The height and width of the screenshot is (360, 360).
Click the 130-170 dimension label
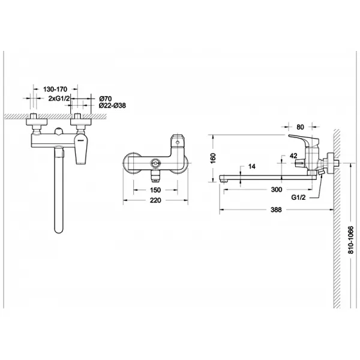pyautogui.click(x=55, y=89)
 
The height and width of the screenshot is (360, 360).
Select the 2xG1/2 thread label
pyautogui.click(x=59, y=98)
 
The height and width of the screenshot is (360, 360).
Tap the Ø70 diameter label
pyautogui.click(x=106, y=99)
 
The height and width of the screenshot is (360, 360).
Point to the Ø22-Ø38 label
pyautogui.click(x=112, y=106)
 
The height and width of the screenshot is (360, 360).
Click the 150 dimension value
pyautogui.click(x=155, y=190)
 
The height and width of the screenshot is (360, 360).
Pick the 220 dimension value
pyautogui.click(x=155, y=200)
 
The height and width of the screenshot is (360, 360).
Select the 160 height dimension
pyautogui.click(x=213, y=158)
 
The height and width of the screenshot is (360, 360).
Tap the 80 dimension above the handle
pyautogui.click(x=300, y=127)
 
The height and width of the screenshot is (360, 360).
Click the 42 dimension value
pyautogui.click(x=293, y=156)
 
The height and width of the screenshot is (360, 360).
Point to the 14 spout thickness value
pyautogui.click(x=252, y=166)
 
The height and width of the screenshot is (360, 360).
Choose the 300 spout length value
pyautogui.click(x=277, y=190)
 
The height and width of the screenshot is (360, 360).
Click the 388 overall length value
pyautogui.click(x=276, y=209)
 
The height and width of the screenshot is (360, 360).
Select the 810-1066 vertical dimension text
pyautogui.click(x=351, y=240)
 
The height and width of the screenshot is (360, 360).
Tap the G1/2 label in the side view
pyautogui.click(x=298, y=197)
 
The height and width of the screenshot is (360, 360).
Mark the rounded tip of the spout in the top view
pyautogui.click(x=59, y=230)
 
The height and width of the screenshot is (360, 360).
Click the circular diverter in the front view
pyautogui.click(x=155, y=163)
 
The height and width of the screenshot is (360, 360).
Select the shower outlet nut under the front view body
pyautogui.click(x=155, y=176)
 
